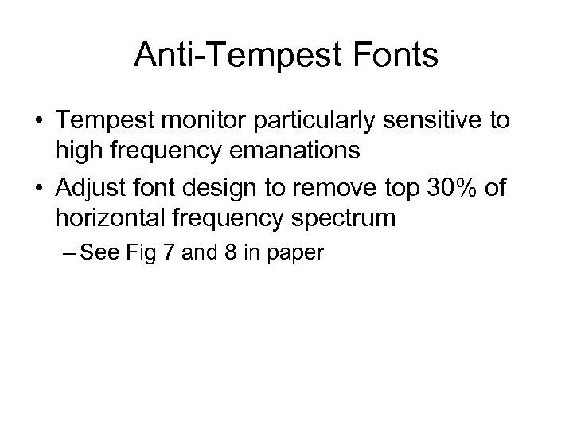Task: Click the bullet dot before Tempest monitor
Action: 40,120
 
